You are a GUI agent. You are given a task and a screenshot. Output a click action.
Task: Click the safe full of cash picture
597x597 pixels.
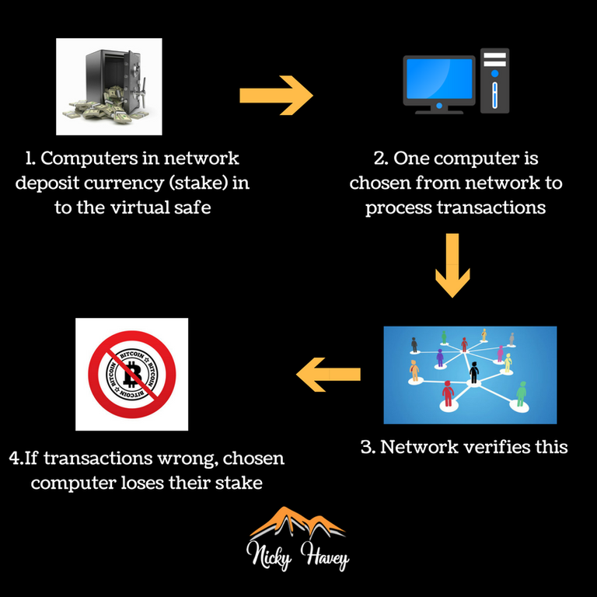tap(109, 86)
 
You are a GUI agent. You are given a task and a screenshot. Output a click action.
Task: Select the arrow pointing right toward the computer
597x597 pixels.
tap(275, 95)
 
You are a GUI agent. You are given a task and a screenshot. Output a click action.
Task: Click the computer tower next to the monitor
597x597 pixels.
tap(494, 81)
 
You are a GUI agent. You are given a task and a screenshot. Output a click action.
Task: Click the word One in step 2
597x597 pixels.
tap(412, 159)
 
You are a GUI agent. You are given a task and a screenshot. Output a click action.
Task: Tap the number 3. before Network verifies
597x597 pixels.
tap(368, 447)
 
